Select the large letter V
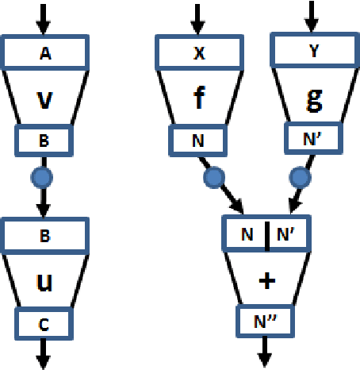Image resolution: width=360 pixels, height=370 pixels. (x=44, y=99)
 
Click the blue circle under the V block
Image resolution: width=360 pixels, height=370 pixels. (x=44, y=174)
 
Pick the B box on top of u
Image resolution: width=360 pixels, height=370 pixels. (x=44, y=235)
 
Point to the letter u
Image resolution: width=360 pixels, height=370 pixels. (x=44, y=283)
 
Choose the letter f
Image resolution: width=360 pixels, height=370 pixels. (x=197, y=99)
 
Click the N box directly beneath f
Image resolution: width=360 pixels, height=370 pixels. (x=197, y=141)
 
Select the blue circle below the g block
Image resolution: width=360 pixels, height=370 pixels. (x=299, y=175)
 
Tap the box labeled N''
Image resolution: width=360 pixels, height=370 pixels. (x=266, y=322)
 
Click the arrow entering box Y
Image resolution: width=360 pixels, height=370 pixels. (x=312, y=16)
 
